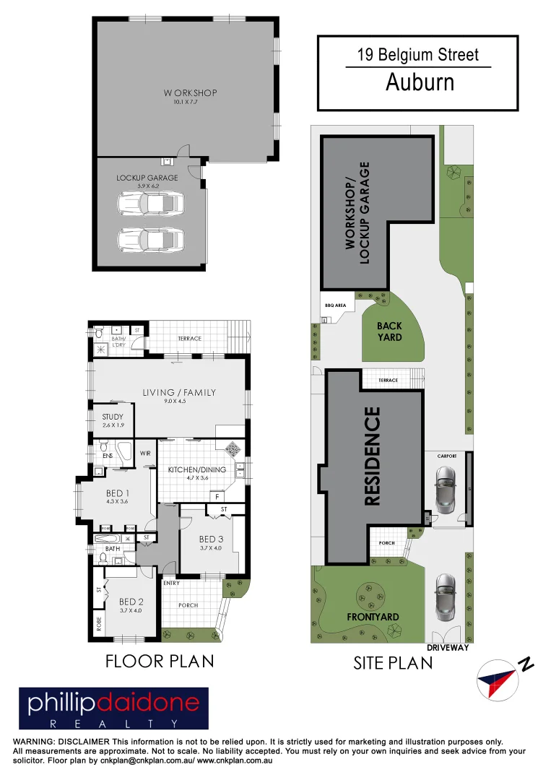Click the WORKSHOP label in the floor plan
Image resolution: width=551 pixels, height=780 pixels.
pyautogui.click(x=190, y=93)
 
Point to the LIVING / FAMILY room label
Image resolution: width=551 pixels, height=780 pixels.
pyautogui.click(x=179, y=392)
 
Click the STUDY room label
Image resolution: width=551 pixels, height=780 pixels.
pyautogui.click(x=113, y=417)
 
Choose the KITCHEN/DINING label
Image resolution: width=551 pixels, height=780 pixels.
pyautogui.click(x=196, y=469)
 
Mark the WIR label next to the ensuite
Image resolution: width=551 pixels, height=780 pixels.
pyautogui.click(x=145, y=454)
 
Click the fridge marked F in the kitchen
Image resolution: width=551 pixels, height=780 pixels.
pyautogui.click(x=216, y=496)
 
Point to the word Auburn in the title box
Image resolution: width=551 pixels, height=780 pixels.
pyautogui.click(x=420, y=82)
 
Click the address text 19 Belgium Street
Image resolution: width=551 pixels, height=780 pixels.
pyautogui.click(x=418, y=55)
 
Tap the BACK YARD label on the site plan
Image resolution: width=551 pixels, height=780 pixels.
pyautogui.click(x=389, y=331)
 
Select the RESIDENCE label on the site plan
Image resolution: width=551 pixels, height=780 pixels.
pyautogui.click(x=372, y=456)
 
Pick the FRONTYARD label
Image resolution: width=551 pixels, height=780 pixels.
pyautogui.click(x=372, y=617)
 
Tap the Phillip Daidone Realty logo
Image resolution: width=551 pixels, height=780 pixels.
pyautogui.click(x=113, y=708)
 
